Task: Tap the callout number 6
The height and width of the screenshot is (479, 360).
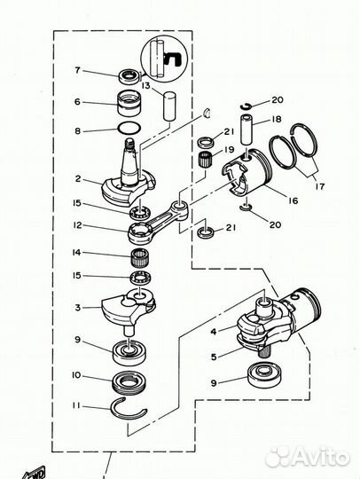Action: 77,102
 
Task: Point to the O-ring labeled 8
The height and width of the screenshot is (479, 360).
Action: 128,130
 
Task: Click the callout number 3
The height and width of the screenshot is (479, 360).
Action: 77,308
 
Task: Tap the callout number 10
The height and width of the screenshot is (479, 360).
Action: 77,376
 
